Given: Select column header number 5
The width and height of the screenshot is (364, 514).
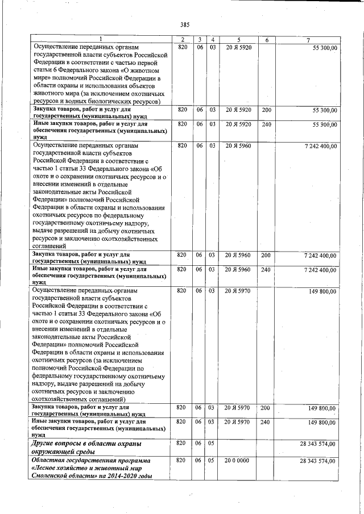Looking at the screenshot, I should click(x=239, y=40).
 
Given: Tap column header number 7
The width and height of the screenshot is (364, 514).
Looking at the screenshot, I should click(x=308, y=40).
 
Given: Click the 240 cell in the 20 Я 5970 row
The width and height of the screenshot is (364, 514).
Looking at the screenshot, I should click(x=266, y=423).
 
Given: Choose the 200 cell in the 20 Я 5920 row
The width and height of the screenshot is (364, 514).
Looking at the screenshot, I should click(x=266, y=109).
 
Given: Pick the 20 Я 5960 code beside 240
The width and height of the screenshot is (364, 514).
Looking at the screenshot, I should click(x=238, y=270).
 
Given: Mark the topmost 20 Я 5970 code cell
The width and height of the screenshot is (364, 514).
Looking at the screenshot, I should click(x=238, y=291).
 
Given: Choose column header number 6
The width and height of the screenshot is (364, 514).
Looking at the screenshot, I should click(x=266, y=40).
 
